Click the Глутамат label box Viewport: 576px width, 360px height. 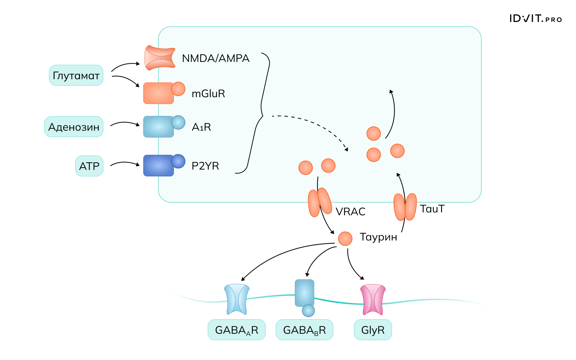[76, 75]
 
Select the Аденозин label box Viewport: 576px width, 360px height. [74, 127]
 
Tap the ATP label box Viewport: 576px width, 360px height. [89, 166]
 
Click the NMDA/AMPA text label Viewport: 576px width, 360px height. [215, 58]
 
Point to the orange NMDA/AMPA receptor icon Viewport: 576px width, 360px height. [159, 58]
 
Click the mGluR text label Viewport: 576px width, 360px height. [208, 94]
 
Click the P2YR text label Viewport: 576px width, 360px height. [205, 166]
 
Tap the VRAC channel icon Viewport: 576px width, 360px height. [320, 202]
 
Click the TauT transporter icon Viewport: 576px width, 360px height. [405, 207]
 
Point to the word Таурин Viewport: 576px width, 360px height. [378, 237]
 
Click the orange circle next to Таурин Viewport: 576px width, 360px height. [345, 238]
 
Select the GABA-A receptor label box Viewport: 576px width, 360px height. [237, 330]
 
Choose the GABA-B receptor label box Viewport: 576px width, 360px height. [304, 330]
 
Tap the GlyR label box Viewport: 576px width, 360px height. [373, 330]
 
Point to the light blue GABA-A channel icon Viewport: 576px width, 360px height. [237, 299]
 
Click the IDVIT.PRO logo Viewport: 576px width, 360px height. [535, 19]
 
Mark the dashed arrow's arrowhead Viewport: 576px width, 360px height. [346, 149]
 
